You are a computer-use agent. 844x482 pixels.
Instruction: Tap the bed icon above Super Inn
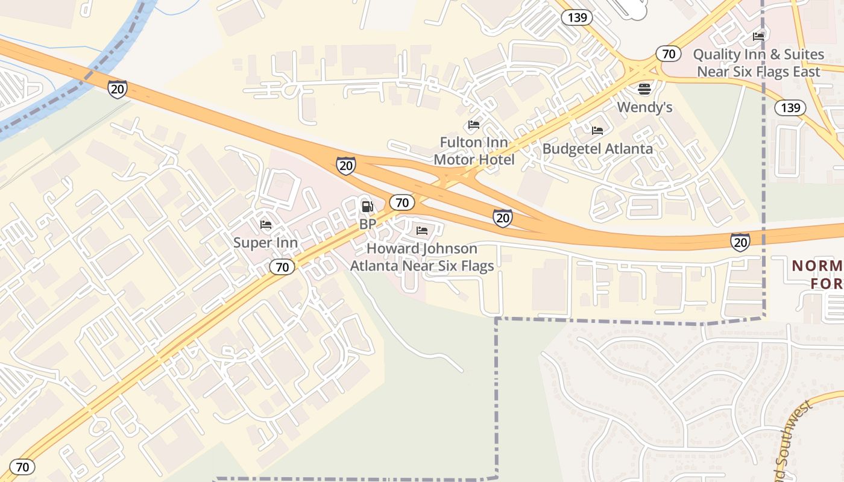pyautogui.click(x=265, y=225)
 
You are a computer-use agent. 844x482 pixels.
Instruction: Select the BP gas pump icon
pyautogui.click(x=367, y=207)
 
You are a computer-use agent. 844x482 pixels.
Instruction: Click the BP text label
pyautogui.click(x=367, y=224)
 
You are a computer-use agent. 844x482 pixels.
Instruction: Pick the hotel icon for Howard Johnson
pyautogui.click(x=422, y=231)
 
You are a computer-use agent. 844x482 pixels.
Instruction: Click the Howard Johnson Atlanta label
pyautogui.click(x=422, y=257)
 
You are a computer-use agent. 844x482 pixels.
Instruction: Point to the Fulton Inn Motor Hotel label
pyautogui.click(x=474, y=151)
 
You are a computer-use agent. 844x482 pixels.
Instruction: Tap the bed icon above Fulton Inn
pyautogui.click(x=474, y=125)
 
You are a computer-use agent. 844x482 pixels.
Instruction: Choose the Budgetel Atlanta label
pyautogui.click(x=597, y=148)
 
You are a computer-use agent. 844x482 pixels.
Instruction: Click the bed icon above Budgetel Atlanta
pyautogui.click(x=597, y=130)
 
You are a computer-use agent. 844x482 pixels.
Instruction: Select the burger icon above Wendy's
pyautogui.click(x=644, y=89)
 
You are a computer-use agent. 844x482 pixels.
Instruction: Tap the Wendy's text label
pyautogui.click(x=644, y=108)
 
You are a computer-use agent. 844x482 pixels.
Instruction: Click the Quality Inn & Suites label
pyautogui.click(x=758, y=63)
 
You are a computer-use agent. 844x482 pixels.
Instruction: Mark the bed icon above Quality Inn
pyautogui.click(x=758, y=36)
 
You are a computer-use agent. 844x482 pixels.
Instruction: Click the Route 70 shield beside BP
pyautogui.click(x=402, y=202)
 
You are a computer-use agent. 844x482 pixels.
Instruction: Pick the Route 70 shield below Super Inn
pyautogui.click(x=282, y=266)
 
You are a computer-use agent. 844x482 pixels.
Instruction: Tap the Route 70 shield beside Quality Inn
pyautogui.click(x=668, y=54)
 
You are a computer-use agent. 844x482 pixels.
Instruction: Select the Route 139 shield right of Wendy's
pyautogui.click(x=790, y=108)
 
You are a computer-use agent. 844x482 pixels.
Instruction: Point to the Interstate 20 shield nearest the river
pyautogui.click(x=118, y=89)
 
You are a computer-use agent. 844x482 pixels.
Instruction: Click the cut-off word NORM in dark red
pyautogui.click(x=817, y=266)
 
